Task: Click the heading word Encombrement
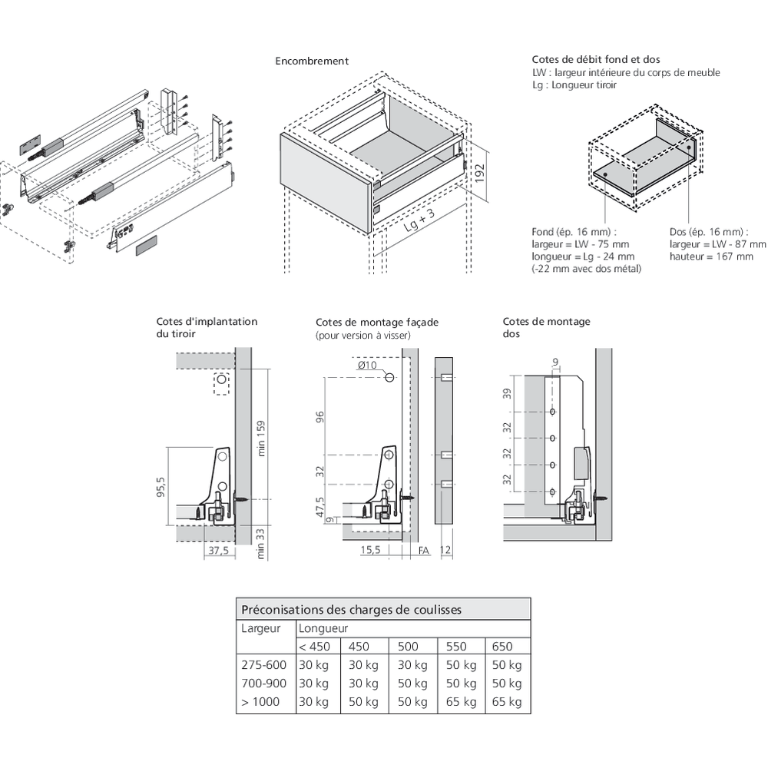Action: (x=312, y=61)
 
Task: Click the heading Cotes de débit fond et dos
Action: (x=595, y=59)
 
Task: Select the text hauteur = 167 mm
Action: (x=711, y=257)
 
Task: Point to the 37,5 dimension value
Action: (x=220, y=551)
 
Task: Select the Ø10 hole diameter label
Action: (x=367, y=365)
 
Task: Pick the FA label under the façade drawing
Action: (x=423, y=551)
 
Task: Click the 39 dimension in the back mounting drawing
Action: (x=506, y=394)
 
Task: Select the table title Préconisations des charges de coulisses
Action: (x=352, y=610)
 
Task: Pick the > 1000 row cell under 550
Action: (x=461, y=702)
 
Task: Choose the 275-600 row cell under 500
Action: (x=413, y=665)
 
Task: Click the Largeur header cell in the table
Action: (x=260, y=628)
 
